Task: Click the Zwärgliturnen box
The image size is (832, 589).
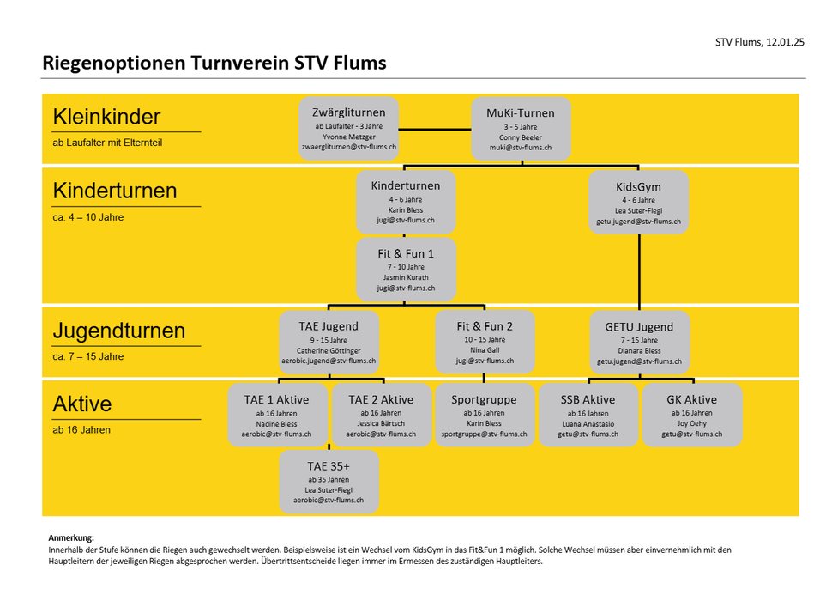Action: point(348,129)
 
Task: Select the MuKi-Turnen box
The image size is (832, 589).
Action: point(521,129)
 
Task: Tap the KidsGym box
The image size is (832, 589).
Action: point(639,203)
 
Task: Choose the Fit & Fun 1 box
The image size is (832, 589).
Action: point(406,270)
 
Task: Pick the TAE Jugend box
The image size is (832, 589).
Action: point(329,342)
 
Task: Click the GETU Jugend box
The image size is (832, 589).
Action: point(639,343)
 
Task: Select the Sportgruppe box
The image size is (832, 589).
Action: point(484,416)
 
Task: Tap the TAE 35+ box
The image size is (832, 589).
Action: point(329,483)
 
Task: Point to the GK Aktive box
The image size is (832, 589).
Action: point(692,416)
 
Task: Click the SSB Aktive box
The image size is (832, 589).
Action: point(588,416)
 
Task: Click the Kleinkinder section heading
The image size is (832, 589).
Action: point(106,117)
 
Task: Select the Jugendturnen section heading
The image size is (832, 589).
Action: point(119,331)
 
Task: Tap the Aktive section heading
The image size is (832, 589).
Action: point(82,404)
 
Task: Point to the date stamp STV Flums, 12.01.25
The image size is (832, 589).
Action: point(760,42)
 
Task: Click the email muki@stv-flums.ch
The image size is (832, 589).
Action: point(521,148)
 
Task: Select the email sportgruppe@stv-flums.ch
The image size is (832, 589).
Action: point(484,434)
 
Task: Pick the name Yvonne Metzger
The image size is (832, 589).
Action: point(348,137)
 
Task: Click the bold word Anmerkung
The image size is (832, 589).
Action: point(71,538)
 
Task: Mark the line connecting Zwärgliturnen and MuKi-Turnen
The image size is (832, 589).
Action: point(435,129)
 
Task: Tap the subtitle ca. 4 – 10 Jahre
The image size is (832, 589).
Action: point(88,217)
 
